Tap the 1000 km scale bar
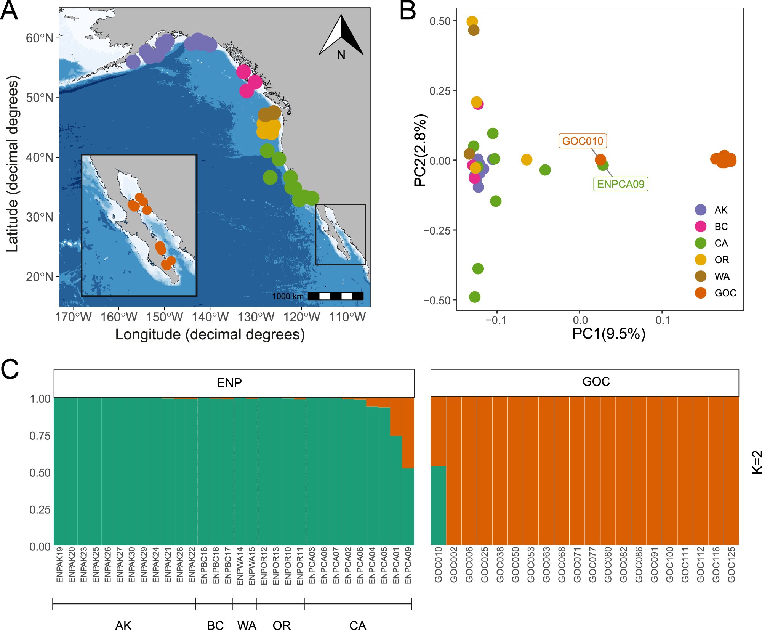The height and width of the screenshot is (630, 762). pyautogui.click(x=335, y=296)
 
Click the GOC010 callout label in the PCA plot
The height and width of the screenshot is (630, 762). pyautogui.click(x=583, y=141)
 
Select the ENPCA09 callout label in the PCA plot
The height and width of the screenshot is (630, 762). pyautogui.click(x=621, y=184)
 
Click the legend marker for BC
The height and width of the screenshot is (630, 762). pyautogui.click(x=701, y=227)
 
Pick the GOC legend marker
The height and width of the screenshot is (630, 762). pyautogui.click(x=701, y=293)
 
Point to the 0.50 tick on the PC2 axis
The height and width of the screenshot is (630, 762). pyautogui.click(x=440, y=21)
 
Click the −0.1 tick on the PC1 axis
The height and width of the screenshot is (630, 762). pyautogui.click(x=496, y=320)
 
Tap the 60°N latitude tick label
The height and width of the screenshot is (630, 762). pyautogui.click(x=40, y=38)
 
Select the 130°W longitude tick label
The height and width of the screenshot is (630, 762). pyautogui.click(x=256, y=317)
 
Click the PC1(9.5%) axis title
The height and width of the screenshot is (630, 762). pyautogui.click(x=608, y=334)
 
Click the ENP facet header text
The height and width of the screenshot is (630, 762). pyautogui.click(x=229, y=383)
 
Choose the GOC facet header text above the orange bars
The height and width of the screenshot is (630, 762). pyautogui.click(x=596, y=382)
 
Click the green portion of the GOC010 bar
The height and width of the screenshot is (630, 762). pyautogui.click(x=438, y=505)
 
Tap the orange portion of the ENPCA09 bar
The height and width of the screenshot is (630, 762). pyautogui.click(x=408, y=433)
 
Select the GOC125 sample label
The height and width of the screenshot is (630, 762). pyautogui.click(x=731, y=565)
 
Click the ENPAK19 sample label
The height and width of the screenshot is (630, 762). pyautogui.click(x=60, y=565)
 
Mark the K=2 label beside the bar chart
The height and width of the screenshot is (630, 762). pyautogui.click(x=757, y=462)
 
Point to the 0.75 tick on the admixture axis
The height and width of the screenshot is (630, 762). pyautogui.click(x=40, y=436)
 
